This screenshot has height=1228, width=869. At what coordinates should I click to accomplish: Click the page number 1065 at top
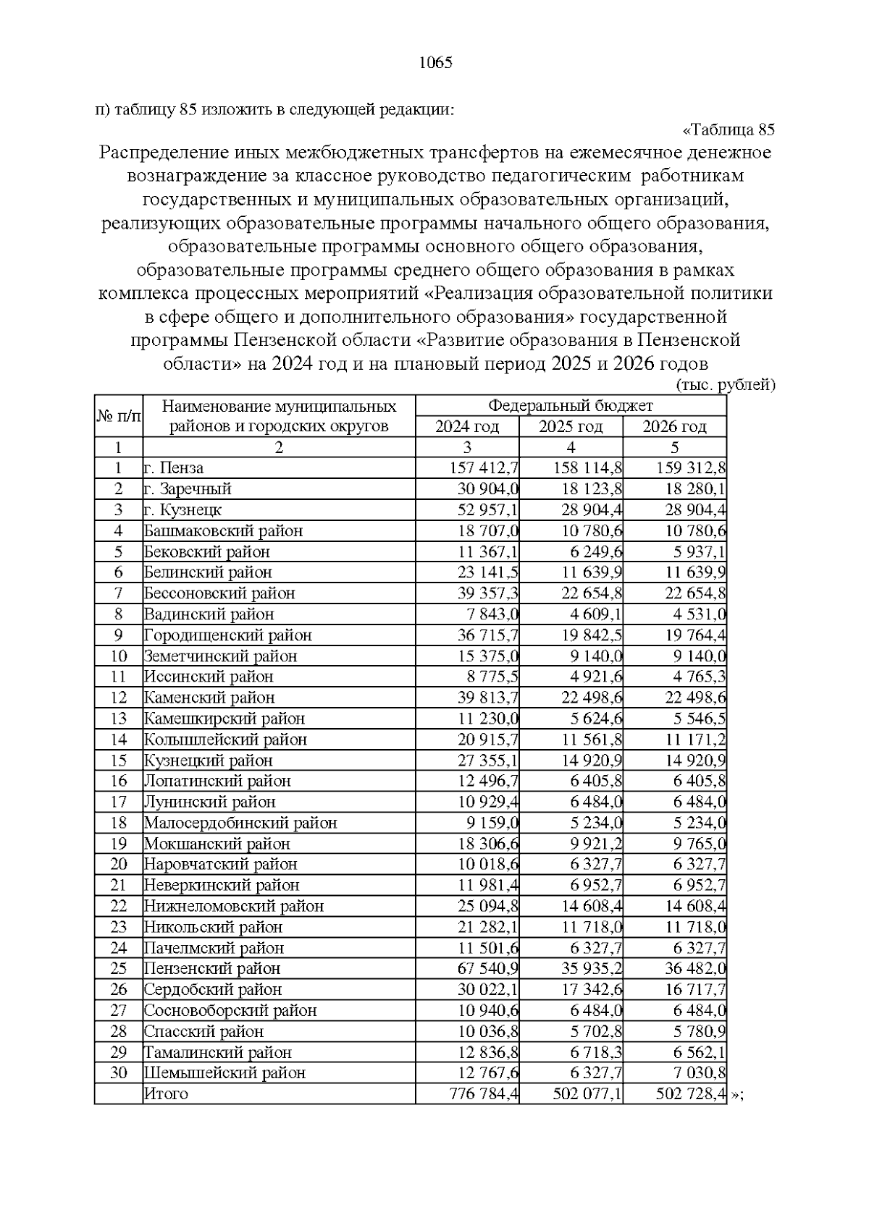coord(436,62)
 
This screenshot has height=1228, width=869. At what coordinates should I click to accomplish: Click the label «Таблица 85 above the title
coord(729,130)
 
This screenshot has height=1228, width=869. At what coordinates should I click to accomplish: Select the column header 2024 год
coord(467,426)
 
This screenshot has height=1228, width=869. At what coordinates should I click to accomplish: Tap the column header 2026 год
coord(674,426)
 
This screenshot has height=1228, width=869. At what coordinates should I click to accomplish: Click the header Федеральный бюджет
coord(571,405)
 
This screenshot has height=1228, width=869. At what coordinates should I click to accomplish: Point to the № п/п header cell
coord(119,416)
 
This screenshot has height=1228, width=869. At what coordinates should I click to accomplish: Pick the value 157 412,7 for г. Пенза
coord(484,468)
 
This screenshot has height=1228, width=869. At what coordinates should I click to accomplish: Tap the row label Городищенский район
coord(227,635)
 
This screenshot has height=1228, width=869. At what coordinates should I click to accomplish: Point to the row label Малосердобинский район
coord(240,823)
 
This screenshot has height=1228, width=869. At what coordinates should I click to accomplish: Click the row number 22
coord(119,906)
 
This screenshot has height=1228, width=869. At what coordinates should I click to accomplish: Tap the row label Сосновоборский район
coord(230,1010)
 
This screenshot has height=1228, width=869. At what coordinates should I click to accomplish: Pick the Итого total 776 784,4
coord(484,1093)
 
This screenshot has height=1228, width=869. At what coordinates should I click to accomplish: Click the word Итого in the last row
coord(166,1093)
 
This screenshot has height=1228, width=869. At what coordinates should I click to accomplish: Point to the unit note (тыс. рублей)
coord(725,385)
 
